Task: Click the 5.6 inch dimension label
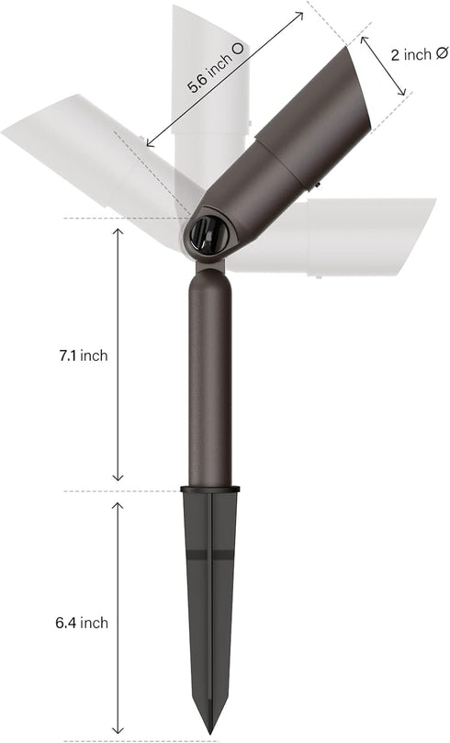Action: tap(216, 67)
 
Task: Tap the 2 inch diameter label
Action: tap(418, 54)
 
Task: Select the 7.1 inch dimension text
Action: tap(84, 355)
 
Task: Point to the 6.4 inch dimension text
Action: tap(82, 623)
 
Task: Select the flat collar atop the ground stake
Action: tap(209, 489)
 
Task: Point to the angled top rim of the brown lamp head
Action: tap(359, 87)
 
